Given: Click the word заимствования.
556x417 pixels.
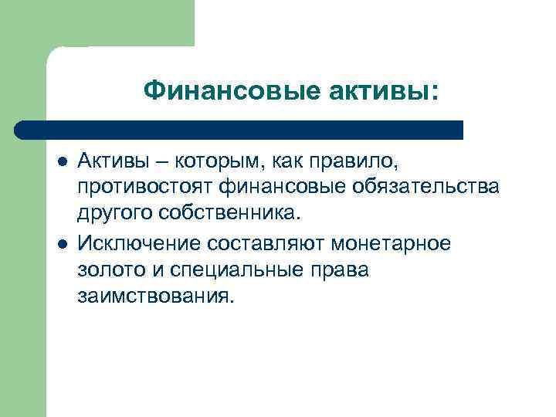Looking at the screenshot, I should coord(154,297).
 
